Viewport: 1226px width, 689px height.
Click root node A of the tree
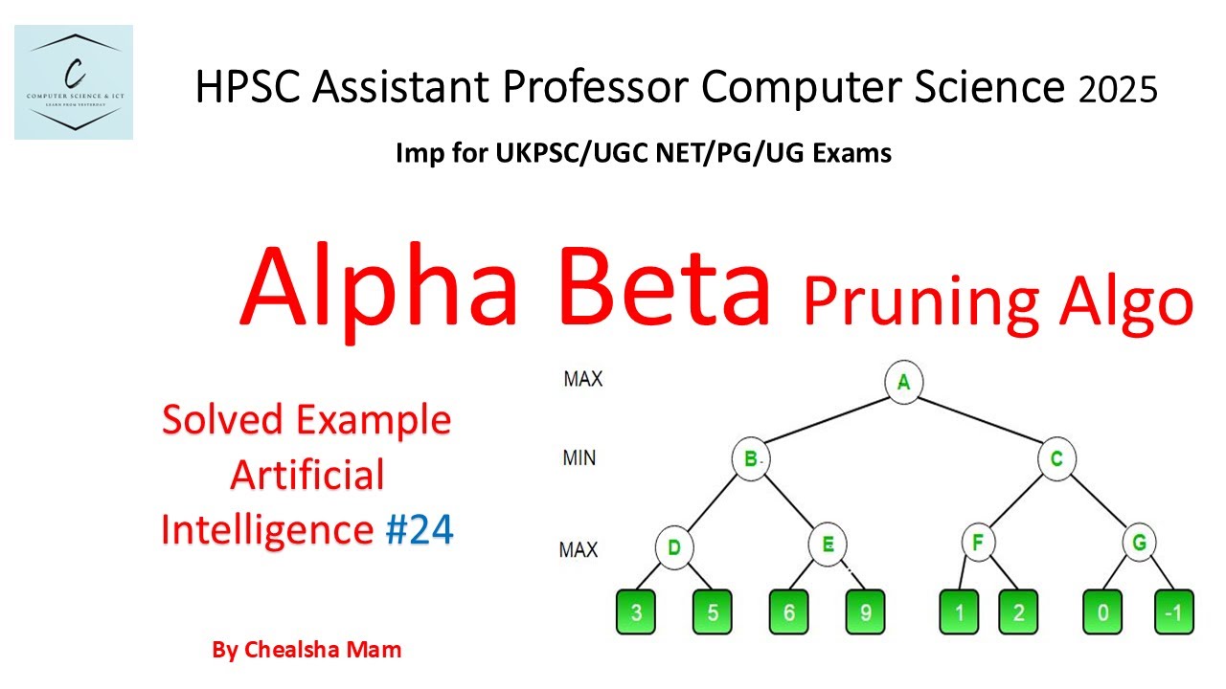click(902, 382)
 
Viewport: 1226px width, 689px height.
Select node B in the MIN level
click(750, 458)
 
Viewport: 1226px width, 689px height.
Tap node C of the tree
click(1056, 458)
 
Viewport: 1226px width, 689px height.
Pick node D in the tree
click(673, 547)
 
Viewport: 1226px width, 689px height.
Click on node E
click(827, 545)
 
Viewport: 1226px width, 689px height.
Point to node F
click(978, 543)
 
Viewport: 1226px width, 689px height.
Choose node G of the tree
click(1138, 543)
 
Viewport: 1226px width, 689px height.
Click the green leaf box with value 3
click(636, 612)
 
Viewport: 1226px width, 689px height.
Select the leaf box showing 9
click(865, 612)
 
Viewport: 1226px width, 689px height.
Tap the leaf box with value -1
click(1173, 612)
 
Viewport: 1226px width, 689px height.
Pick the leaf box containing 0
click(1102, 612)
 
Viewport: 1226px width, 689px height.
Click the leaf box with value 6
click(788, 612)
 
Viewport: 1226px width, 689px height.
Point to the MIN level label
click(579, 457)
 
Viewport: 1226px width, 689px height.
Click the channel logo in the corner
click(74, 83)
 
